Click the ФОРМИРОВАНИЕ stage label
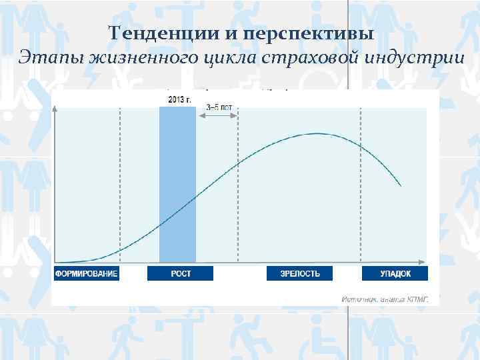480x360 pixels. tap(86, 274)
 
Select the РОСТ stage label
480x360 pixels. tap(180, 274)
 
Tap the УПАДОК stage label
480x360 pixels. tap(395, 274)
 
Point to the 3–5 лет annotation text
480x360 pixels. tap(219, 107)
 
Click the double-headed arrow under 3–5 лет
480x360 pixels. tap(218, 115)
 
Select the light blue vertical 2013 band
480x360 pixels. tap(177, 187)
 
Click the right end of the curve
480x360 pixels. tap(401, 185)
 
